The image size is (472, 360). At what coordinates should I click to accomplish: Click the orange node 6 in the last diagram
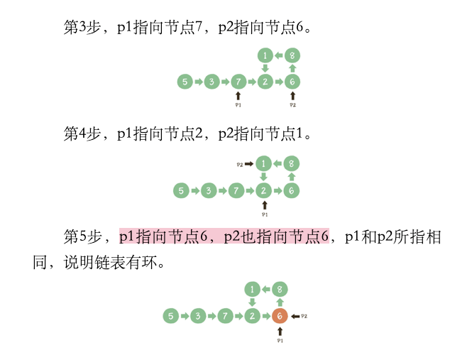click(280, 315)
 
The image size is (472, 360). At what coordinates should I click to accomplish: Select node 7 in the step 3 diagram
click(238, 82)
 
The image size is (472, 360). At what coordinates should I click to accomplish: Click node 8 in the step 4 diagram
click(290, 164)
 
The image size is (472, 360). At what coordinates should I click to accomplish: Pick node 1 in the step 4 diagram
click(264, 164)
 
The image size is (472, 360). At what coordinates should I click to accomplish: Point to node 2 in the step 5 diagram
click(252, 315)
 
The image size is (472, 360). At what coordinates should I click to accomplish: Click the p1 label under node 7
click(238, 104)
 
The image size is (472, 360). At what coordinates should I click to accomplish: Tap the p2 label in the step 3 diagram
click(292, 104)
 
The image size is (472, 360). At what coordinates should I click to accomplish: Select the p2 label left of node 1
click(241, 164)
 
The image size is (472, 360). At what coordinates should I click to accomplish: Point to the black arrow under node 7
click(238, 94)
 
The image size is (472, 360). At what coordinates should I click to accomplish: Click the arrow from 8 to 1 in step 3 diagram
click(278, 55)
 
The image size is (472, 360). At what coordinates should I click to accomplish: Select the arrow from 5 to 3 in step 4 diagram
click(195, 190)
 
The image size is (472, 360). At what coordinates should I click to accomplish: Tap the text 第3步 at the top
click(79, 28)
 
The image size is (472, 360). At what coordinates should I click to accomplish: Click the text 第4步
click(79, 133)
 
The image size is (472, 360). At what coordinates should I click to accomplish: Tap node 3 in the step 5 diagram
click(197, 315)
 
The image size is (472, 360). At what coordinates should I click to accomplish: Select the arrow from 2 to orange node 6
click(266, 315)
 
